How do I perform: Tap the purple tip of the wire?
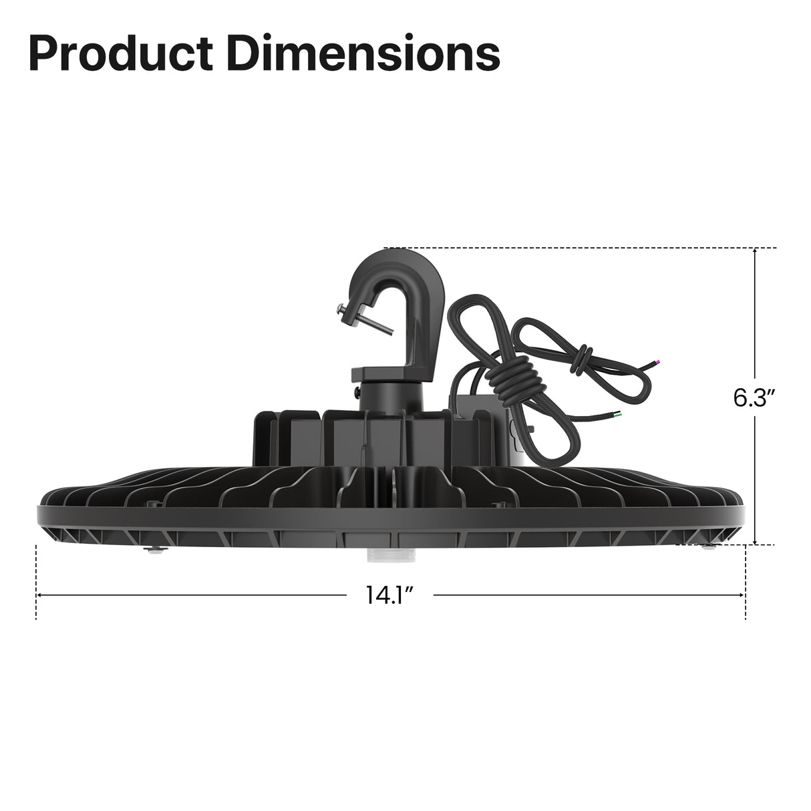(x=658, y=362)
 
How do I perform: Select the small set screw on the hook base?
(x=357, y=387)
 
